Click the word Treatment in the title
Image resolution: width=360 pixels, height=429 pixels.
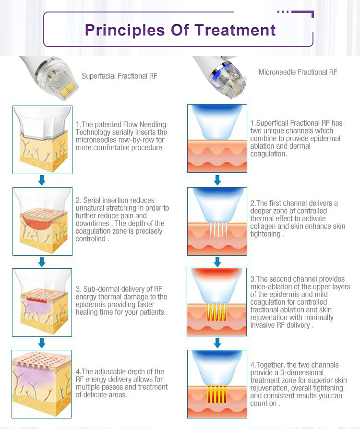point(235,30)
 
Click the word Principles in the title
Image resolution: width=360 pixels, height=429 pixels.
point(125,31)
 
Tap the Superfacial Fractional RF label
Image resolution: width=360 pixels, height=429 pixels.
point(120,76)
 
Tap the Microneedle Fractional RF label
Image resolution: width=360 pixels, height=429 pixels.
point(298,72)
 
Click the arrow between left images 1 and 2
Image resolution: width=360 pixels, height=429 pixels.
point(42,180)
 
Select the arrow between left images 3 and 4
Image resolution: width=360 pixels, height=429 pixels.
point(42,343)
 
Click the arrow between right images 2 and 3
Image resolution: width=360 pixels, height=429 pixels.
point(217,262)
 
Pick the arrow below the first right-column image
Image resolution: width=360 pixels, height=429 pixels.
point(217,180)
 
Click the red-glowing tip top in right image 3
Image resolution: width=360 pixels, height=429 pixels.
point(217,273)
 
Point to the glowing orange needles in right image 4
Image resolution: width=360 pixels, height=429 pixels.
point(217,394)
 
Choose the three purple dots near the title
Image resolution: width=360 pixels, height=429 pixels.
point(283,12)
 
